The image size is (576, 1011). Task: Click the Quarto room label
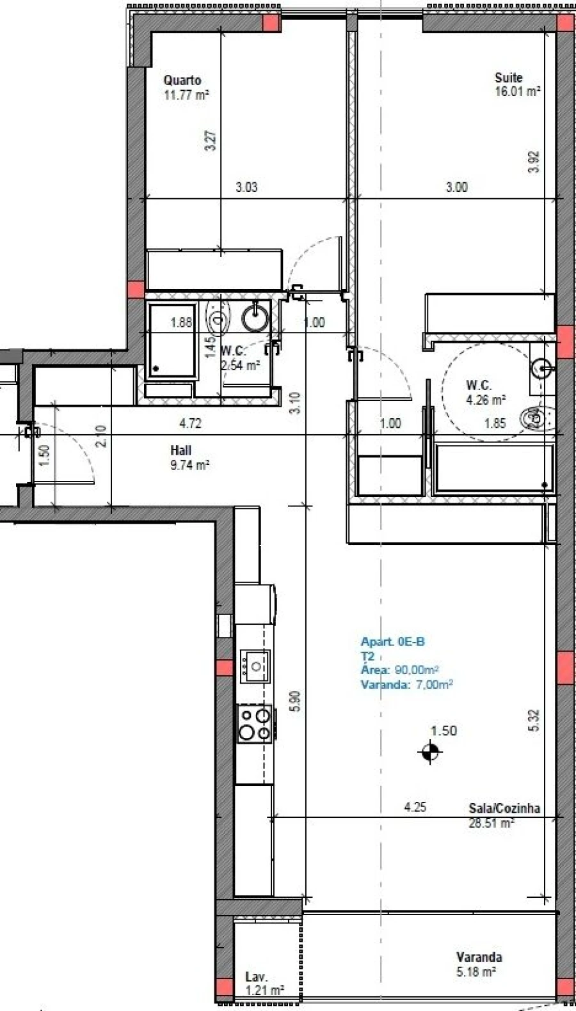pos(182,80)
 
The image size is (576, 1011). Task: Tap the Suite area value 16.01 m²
pos(517,91)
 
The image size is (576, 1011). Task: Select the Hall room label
pos(180,450)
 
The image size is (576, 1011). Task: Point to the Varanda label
pos(478,957)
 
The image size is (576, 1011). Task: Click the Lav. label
pos(256,977)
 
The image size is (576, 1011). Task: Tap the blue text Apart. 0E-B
pos(392,642)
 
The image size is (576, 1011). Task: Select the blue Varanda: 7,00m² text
pos(407,684)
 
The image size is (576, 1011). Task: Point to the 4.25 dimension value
pos(415,808)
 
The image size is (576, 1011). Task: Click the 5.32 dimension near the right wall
pos(534,721)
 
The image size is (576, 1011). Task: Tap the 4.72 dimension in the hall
pos(190,423)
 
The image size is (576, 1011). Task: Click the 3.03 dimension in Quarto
pos(246,188)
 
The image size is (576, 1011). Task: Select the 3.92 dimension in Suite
pos(535,162)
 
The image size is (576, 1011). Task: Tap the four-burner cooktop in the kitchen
pos(255,723)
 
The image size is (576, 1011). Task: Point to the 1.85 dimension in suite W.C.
pos(495,423)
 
